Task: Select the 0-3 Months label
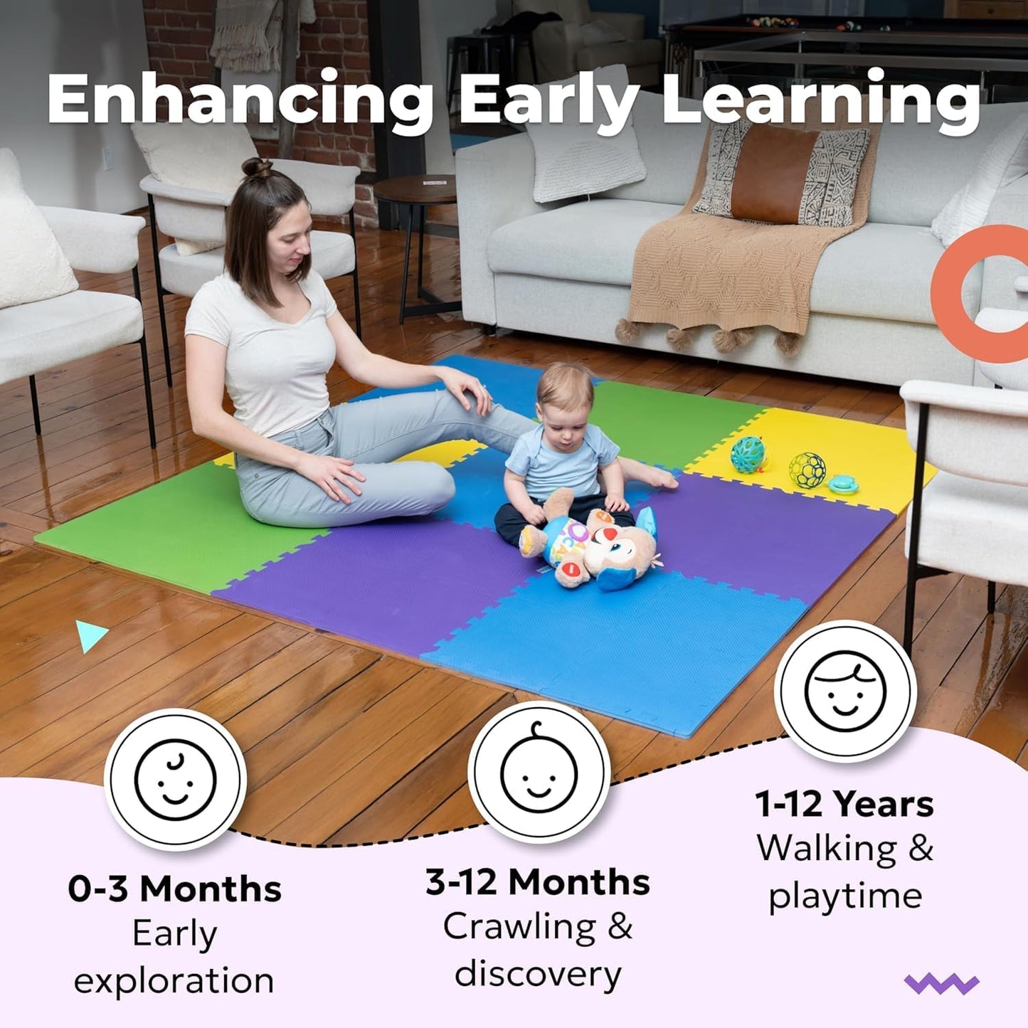point(175,889)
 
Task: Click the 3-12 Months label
point(538,882)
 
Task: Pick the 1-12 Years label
point(844,805)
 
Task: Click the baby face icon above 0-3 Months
point(175,780)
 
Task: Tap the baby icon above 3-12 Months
point(539,772)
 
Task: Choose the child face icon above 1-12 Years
point(845,691)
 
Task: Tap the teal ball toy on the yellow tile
point(748,455)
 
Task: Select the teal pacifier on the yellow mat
point(844,484)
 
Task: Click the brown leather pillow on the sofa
point(775,174)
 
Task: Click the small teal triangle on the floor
point(90,635)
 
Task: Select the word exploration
point(174,981)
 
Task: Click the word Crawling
point(519,927)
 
